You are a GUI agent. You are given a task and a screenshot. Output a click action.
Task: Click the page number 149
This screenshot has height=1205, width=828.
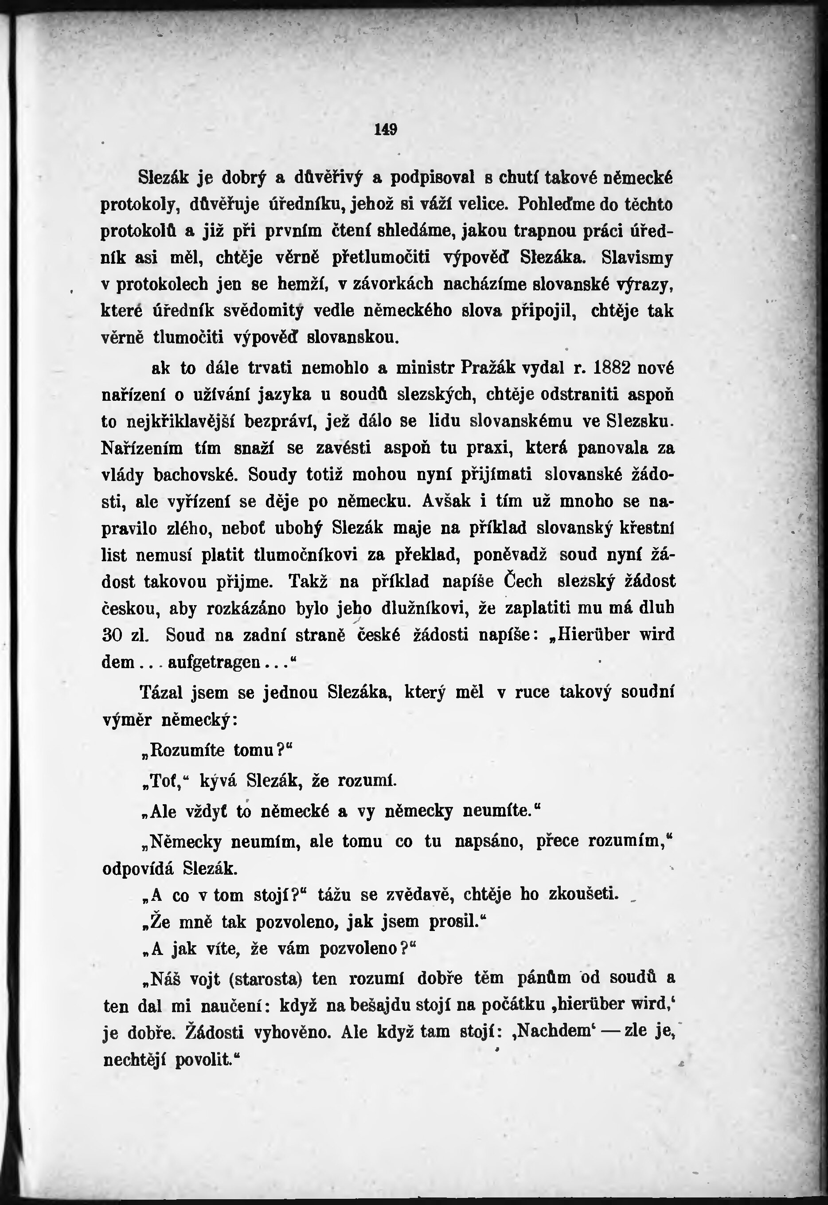click(386, 129)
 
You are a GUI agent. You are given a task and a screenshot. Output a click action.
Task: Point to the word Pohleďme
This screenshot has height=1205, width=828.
click(556, 204)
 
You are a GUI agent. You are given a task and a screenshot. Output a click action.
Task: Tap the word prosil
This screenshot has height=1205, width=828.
click(454, 922)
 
